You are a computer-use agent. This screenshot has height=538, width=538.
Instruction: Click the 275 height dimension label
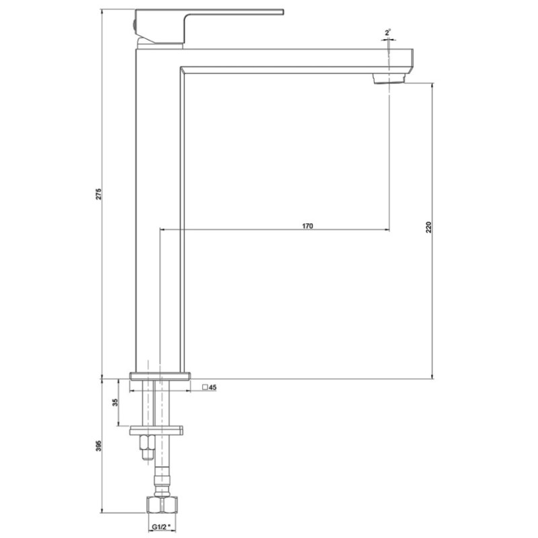98,194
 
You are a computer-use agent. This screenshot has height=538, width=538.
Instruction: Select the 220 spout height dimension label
428,227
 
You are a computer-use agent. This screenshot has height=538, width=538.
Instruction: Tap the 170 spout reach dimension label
307,226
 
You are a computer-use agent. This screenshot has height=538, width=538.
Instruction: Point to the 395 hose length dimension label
99,445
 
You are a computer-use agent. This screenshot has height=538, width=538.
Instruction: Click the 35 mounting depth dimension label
115,402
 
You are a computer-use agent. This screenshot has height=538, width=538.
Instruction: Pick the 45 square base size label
213,387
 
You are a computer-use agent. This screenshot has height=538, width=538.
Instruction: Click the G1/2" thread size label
161,527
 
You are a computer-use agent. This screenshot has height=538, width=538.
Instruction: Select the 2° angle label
388,33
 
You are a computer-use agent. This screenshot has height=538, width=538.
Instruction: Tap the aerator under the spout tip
389,79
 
